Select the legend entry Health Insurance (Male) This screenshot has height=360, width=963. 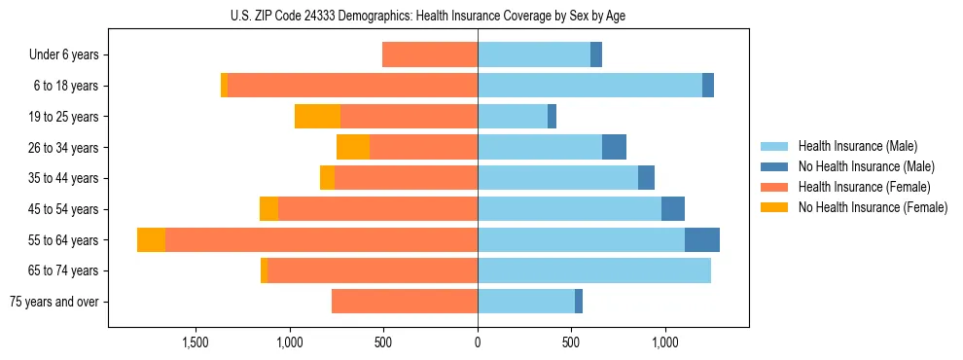tap(857, 146)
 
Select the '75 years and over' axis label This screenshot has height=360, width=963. tap(53, 302)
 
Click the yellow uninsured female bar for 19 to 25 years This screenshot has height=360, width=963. tap(317, 117)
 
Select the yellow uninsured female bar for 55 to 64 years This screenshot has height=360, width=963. tap(151, 239)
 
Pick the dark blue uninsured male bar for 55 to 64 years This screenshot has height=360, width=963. tap(702, 239)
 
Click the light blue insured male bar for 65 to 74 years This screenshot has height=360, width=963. tap(594, 270)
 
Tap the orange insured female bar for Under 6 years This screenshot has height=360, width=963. tap(430, 54)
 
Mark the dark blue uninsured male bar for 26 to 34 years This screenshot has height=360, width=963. tap(614, 147)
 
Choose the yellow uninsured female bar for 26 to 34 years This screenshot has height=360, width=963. tap(353, 147)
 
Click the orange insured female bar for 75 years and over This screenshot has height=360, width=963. tap(405, 302)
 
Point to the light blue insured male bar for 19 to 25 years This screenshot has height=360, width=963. tap(513, 117)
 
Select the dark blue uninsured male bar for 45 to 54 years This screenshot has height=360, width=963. tap(673, 209)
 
